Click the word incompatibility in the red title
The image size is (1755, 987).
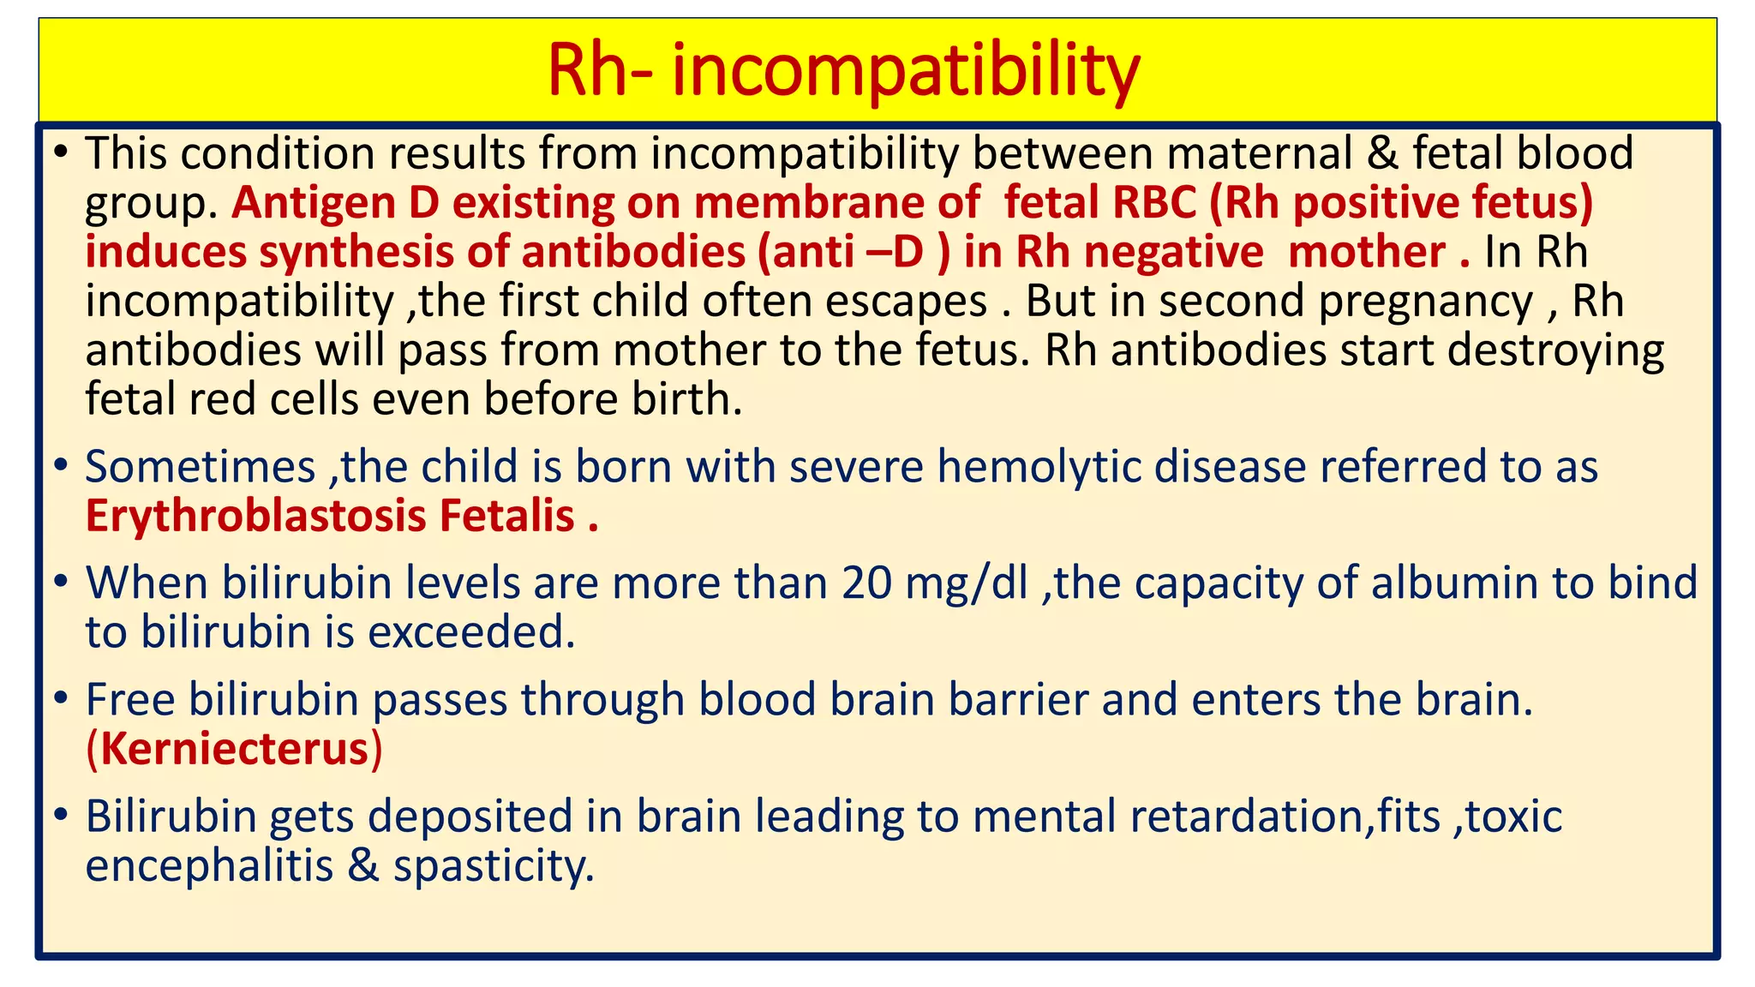coord(906,70)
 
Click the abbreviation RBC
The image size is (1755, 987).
coord(1153,204)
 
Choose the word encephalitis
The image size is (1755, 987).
coord(209,866)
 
